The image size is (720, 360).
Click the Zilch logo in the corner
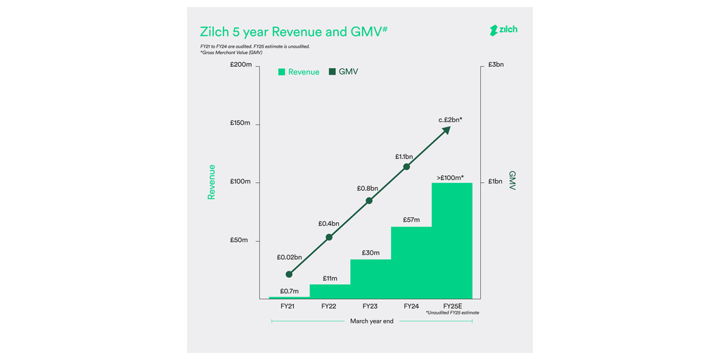[503, 30]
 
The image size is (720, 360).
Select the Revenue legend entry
[299, 72]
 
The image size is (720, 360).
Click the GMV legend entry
[343, 72]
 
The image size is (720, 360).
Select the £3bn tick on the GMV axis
[496, 65]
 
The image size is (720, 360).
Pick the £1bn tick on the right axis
[496, 182]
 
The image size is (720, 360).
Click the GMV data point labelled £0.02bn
[289, 274]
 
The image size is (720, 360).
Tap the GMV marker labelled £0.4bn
[329, 237]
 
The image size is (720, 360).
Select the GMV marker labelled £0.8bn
[369, 200]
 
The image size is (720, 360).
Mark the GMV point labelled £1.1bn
[406, 167]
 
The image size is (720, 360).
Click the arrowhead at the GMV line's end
[446, 131]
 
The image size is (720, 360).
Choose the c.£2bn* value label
[450, 120]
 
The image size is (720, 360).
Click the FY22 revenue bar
[330, 291]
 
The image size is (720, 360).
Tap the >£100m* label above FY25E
[450, 177]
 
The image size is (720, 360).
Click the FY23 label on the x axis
[370, 307]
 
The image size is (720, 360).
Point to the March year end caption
[372, 321]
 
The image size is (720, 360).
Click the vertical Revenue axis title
[211, 182]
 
